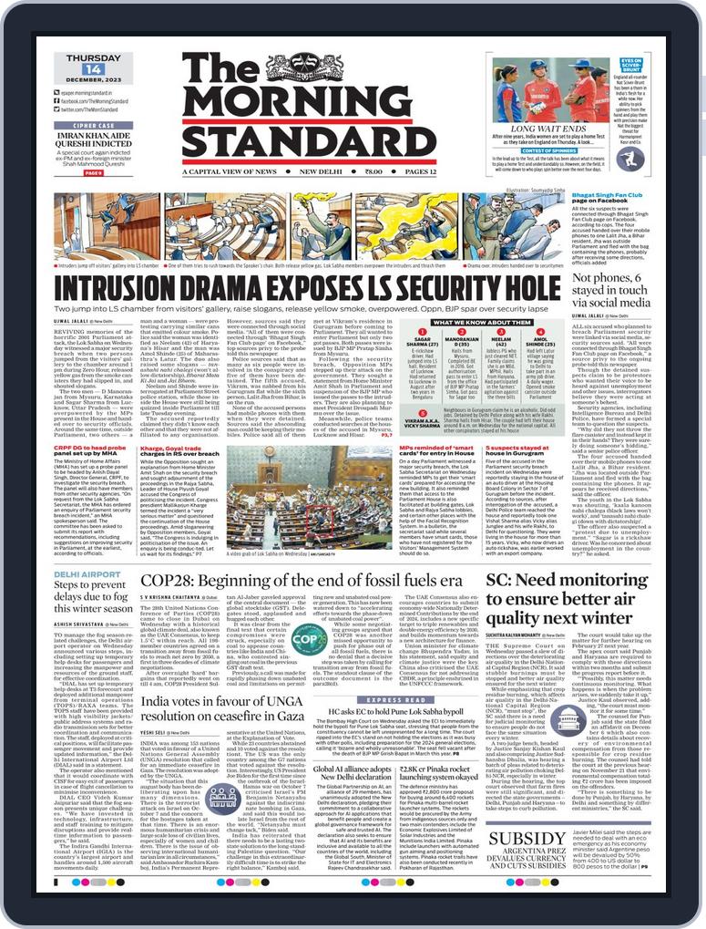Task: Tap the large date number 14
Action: pyautogui.click(x=92, y=69)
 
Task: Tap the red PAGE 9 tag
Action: pyautogui.click(x=94, y=171)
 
